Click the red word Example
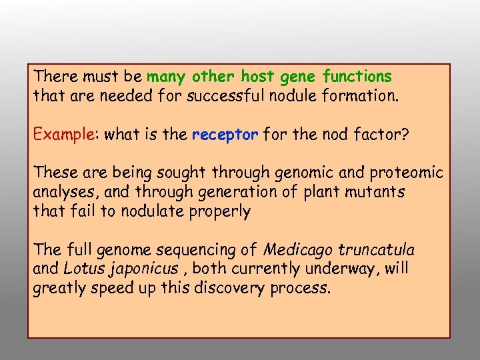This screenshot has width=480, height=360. [63, 135]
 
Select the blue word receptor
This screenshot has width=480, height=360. [225, 135]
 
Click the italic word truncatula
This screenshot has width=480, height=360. [376, 251]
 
